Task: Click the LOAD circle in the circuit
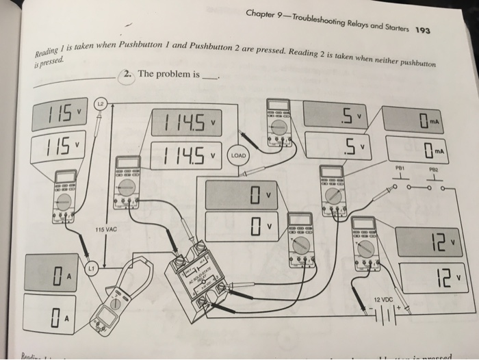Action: tap(237, 155)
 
